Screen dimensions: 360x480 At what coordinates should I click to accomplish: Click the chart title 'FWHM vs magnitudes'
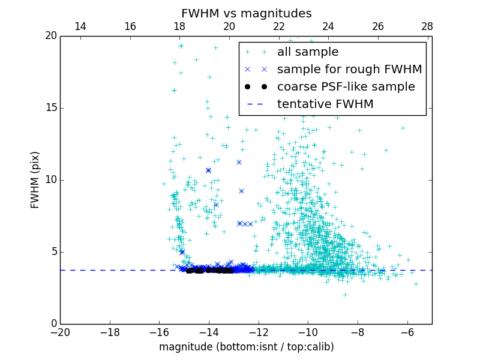246,13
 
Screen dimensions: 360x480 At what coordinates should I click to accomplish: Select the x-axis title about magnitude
246,347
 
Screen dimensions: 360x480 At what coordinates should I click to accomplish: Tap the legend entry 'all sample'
307,52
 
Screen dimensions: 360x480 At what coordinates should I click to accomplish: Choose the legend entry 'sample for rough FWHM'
349,70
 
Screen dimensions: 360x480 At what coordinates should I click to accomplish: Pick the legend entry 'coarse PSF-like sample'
346,87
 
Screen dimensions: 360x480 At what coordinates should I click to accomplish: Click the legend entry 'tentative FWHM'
325,104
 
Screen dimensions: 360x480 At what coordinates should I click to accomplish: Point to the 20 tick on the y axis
51,36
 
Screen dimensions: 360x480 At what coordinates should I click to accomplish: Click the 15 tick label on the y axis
51,108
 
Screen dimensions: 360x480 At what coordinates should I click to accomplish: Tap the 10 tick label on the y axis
51,180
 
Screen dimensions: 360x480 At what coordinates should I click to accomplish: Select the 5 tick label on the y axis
54,252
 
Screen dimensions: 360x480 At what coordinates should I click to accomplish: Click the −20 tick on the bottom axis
60,331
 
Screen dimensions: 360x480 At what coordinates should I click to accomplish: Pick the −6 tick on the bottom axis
407,331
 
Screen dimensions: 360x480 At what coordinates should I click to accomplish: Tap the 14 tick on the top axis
80,26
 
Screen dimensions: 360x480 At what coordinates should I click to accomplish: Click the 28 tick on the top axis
427,26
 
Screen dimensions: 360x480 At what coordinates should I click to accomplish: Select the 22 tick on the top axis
278,26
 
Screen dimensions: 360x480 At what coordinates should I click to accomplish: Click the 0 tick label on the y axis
54,324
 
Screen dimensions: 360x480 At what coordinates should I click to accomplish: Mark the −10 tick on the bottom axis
308,331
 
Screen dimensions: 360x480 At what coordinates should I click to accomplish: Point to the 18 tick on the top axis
179,26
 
